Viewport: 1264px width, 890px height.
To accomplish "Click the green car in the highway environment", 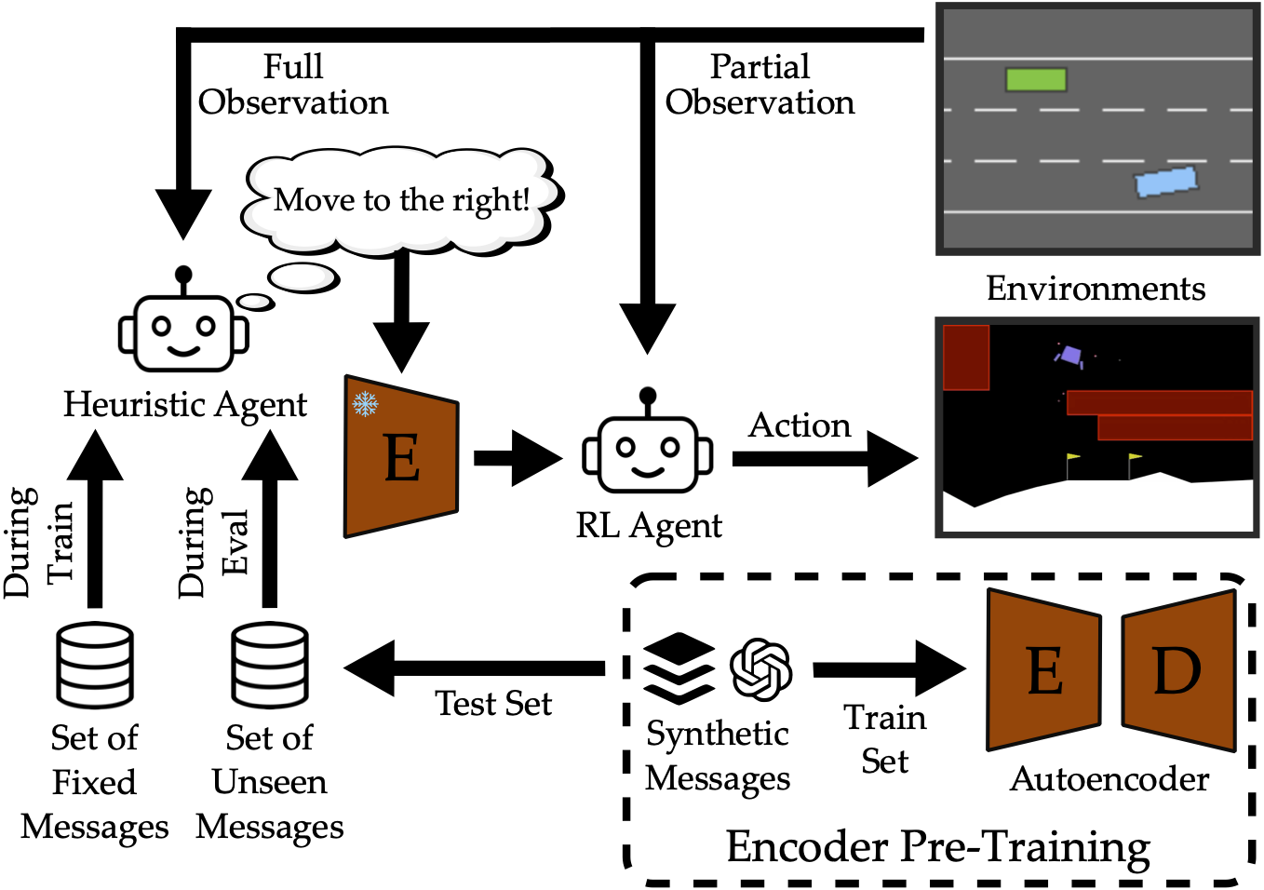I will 1035,79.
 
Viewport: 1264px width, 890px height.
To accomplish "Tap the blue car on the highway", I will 1165,182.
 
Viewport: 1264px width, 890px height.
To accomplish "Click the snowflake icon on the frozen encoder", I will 365,404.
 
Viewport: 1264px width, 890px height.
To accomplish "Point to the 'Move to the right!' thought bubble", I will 402,199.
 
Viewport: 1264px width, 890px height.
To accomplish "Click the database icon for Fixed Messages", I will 95,665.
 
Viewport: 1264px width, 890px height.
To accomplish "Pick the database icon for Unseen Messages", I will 270,665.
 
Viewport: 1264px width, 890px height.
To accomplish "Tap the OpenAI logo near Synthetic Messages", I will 760,668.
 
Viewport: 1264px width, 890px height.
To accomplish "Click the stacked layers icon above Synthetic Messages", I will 679,668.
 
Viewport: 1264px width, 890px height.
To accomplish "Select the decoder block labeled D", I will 1179,669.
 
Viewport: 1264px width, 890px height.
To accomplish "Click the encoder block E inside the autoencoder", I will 1043,669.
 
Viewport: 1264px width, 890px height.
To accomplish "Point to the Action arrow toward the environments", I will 824,458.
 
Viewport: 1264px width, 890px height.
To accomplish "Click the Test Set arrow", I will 475,667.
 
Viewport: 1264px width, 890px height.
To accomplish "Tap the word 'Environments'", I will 1096,289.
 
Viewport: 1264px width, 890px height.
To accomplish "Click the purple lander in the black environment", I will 1070,356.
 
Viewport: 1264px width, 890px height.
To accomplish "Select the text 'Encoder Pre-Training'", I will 937,846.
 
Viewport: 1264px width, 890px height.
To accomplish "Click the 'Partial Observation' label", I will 760,85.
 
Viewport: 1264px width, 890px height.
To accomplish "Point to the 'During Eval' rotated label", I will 213,542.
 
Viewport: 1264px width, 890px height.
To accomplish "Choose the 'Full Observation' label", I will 293,85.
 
